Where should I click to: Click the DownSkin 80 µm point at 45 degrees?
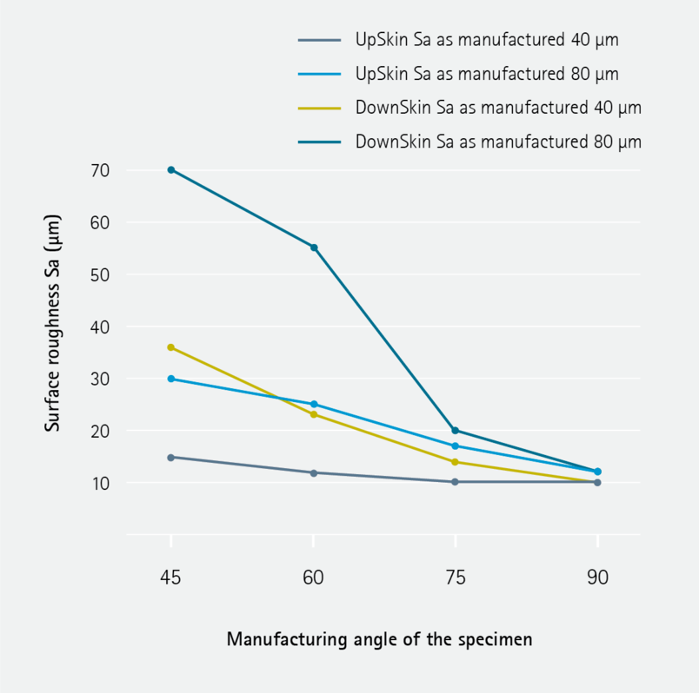(171, 169)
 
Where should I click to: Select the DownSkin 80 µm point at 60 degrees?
(314, 247)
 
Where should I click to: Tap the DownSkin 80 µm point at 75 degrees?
(456, 431)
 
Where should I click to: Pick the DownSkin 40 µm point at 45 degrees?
(171, 347)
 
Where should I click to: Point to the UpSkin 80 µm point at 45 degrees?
(171, 379)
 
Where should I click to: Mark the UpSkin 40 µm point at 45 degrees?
(171, 457)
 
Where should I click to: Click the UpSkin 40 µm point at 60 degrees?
(314, 472)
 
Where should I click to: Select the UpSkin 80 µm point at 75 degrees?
(456, 446)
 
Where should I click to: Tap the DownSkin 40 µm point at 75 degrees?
(456, 462)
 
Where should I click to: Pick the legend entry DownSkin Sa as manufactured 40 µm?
(497, 108)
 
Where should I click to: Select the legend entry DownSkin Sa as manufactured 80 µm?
(497, 142)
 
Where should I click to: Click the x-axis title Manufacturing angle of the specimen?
(379, 639)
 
